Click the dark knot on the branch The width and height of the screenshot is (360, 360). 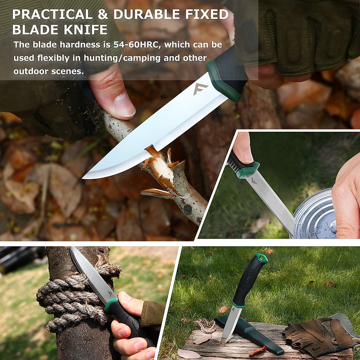(x=188, y=209)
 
